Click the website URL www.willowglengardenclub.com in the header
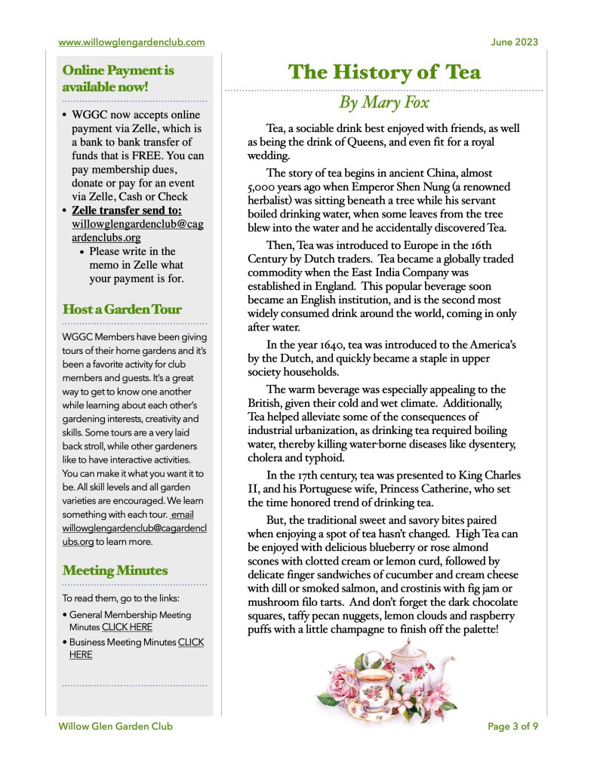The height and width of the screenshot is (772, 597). click(131, 42)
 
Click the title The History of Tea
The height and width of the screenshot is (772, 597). click(384, 72)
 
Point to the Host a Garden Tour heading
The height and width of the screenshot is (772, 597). click(122, 309)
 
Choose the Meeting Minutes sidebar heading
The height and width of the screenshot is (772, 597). click(115, 570)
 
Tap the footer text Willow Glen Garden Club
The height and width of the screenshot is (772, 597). click(115, 727)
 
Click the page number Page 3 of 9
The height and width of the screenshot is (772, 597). click(513, 727)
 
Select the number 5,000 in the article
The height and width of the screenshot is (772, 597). click(265, 187)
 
